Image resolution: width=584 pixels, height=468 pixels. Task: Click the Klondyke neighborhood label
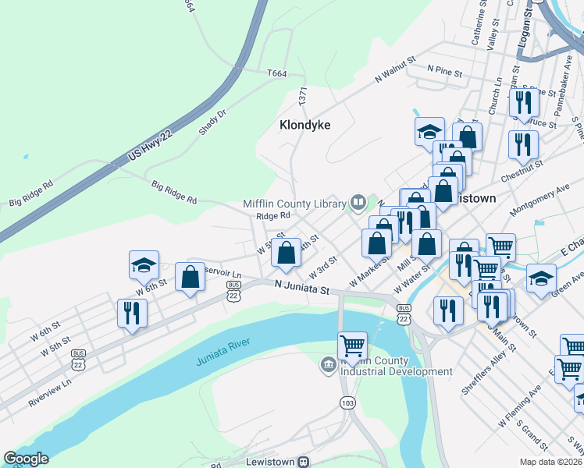tap(305, 125)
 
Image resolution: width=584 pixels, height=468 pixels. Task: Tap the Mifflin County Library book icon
tap(358, 204)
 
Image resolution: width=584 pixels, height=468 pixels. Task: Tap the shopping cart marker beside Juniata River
tap(352, 345)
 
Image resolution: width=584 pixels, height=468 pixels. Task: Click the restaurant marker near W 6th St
tap(131, 312)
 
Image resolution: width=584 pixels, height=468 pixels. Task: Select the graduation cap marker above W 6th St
tap(144, 264)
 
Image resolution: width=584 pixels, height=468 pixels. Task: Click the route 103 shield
tap(347, 402)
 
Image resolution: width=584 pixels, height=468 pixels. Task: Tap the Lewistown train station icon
tap(305, 462)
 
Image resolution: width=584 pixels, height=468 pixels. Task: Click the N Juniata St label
tap(302, 288)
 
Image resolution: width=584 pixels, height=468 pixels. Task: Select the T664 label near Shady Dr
tap(276, 73)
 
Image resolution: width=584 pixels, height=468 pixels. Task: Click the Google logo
tap(25, 459)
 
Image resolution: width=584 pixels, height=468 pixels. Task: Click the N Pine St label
tap(444, 69)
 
